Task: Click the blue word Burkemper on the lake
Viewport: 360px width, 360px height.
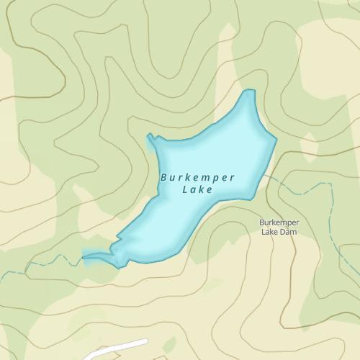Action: coord(197,177)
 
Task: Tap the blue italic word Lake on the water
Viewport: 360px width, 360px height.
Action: coord(197,191)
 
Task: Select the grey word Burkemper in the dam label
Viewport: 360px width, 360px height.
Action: coord(279,222)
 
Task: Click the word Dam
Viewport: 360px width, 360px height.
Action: coord(289,232)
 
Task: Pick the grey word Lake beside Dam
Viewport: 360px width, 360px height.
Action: coord(269,232)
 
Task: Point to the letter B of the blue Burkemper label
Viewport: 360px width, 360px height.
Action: coord(164,176)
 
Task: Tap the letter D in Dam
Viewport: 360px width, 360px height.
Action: coord(282,232)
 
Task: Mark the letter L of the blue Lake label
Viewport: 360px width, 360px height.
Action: coord(186,191)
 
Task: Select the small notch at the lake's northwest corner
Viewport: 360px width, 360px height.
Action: coord(150,135)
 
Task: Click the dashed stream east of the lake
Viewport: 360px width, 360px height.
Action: coord(302,189)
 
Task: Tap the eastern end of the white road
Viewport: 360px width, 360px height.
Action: coord(145,341)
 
